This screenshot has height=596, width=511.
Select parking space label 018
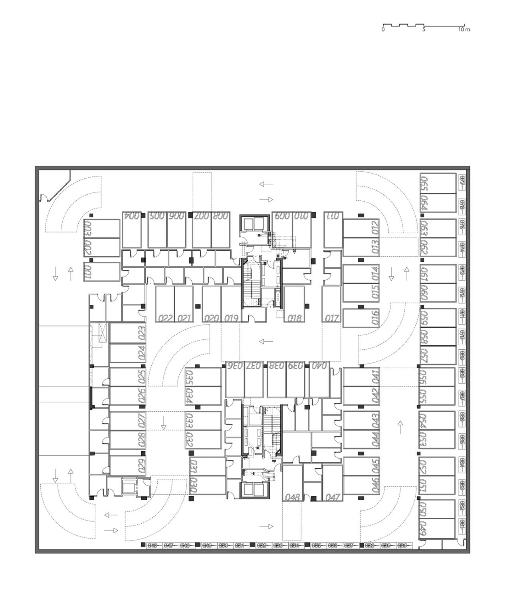[294, 318]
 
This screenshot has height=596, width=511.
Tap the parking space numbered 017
[332, 318]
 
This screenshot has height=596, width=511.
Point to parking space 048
[293, 497]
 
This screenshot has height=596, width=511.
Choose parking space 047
[332, 497]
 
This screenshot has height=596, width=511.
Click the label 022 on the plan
[165, 318]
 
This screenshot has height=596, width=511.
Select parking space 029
[142, 466]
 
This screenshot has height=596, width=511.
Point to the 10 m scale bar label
[464, 30]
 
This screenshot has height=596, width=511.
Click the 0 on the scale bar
[383, 30]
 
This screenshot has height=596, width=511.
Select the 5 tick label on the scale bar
[424, 30]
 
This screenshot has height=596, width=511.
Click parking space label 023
[142, 333]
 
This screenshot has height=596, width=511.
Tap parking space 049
[424, 529]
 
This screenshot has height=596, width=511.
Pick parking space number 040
[319, 365]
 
